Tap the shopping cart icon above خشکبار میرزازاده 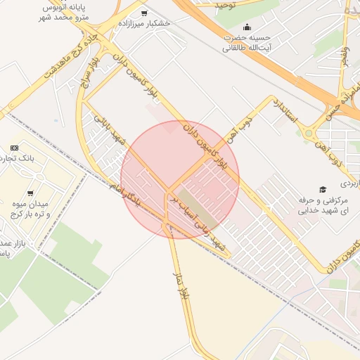pyautogui.click(x=144, y=13)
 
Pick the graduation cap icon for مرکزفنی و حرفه pyautogui.click(x=323, y=189)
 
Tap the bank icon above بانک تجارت pyautogui.click(x=14, y=148)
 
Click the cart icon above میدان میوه pyautogui.click(x=31, y=192)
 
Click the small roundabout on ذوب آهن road pyautogui.click(x=308, y=132)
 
